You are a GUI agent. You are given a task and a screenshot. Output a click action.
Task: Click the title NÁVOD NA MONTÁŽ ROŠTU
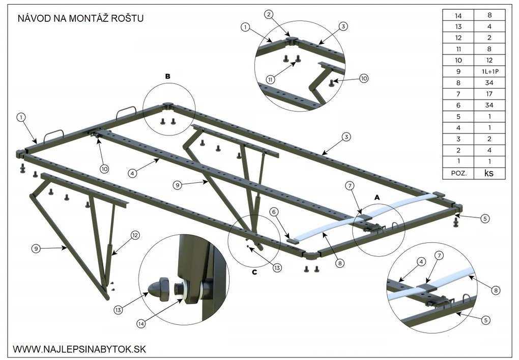pos(81,19)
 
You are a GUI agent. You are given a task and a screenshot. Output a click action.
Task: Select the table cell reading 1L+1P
pos(489,71)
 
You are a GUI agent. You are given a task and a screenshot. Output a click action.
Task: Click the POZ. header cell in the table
pos(458,173)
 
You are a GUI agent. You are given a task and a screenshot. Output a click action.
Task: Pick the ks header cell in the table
pos(489,173)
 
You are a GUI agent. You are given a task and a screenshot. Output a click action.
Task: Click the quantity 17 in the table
pos(489,94)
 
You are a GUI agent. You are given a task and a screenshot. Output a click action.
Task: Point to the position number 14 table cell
pos(458,15)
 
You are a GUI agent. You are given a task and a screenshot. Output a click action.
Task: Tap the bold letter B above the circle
pos(167,76)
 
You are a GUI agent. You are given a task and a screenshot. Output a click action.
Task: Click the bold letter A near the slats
pos(377,196)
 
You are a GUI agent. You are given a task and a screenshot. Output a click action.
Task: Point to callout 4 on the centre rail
pos(132,173)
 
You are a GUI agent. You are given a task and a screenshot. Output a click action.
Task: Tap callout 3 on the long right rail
pos(346,137)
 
